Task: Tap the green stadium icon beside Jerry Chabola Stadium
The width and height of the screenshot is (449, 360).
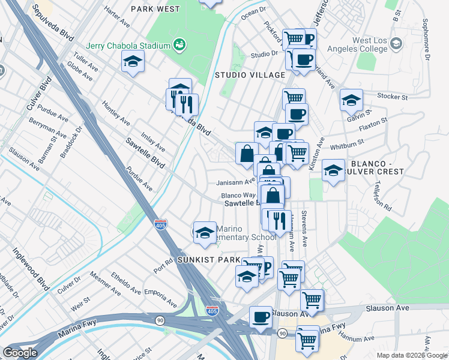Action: click(x=178, y=44)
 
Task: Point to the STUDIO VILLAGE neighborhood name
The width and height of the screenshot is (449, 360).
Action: click(x=250, y=75)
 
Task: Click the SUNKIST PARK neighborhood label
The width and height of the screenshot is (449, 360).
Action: click(x=208, y=260)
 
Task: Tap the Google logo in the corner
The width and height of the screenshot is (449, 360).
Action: click(x=20, y=352)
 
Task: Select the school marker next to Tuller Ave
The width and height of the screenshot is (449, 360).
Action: click(x=133, y=61)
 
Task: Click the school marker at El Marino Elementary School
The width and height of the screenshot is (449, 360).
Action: click(x=205, y=232)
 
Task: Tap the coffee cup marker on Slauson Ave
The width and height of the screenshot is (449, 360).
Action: click(x=261, y=316)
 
